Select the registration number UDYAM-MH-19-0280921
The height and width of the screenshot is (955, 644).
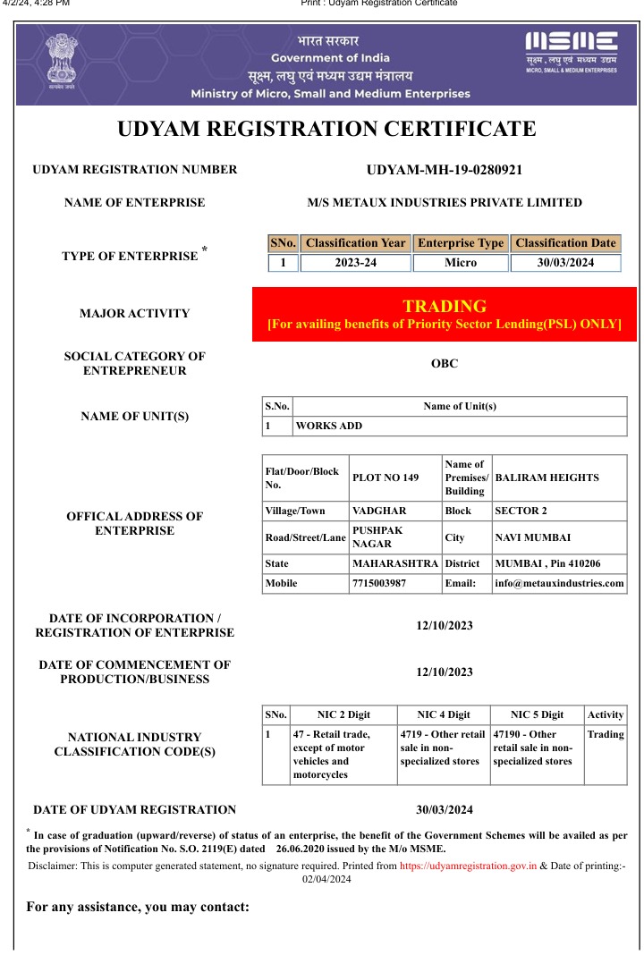click(x=445, y=170)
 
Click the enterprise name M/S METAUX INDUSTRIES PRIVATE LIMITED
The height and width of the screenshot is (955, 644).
click(x=445, y=203)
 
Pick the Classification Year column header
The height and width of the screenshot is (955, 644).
click(x=355, y=243)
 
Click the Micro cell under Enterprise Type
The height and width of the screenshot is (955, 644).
click(x=461, y=263)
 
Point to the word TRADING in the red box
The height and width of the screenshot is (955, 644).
click(x=445, y=306)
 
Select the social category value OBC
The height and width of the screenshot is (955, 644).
click(x=445, y=364)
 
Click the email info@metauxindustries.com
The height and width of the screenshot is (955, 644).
click(x=559, y=583)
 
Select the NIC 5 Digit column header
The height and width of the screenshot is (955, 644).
click(x=537, y=714)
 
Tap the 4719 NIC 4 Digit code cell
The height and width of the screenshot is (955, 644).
click(x=443, y=748)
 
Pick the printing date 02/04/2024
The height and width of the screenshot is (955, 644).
click(x=326, y=879)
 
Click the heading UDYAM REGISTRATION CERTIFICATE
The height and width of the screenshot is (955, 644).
click(x=326, y=129)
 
